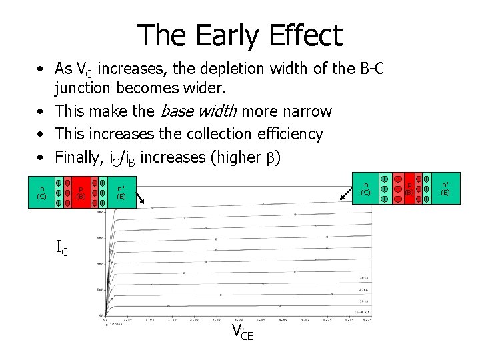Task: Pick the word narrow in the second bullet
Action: coord(304,111)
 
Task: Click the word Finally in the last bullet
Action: coord(79,157)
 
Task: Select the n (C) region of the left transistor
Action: coord(41,193)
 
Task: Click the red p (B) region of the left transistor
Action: coord(81,193)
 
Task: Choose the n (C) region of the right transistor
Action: coord(366,189)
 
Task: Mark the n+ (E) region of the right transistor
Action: coord(445,189)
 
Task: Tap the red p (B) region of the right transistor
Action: coord(409,189)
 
